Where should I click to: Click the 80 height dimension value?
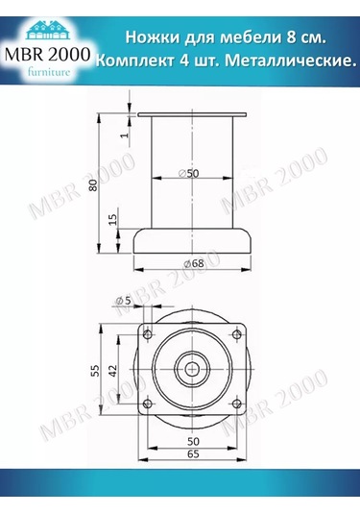click(93, 185)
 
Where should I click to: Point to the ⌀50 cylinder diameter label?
click(188, 173)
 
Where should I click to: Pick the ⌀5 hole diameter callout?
click(123, 302)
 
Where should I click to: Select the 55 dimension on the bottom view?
click(93, 369)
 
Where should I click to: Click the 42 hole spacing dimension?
click(113, 369)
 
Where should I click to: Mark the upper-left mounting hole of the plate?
click(149, 332)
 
